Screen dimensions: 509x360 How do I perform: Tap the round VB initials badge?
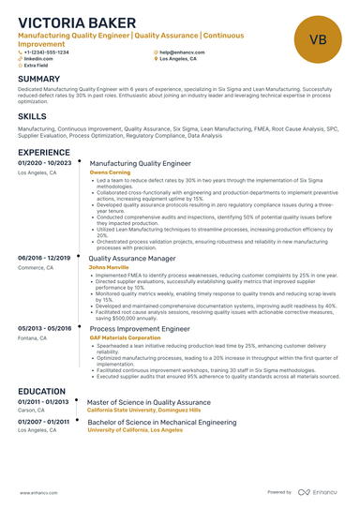click(317, 39)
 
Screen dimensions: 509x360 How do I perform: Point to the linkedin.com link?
click(38, 58)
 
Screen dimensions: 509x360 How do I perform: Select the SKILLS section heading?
click(33, 116)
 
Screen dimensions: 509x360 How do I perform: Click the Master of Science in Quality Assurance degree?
click(150, 401)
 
